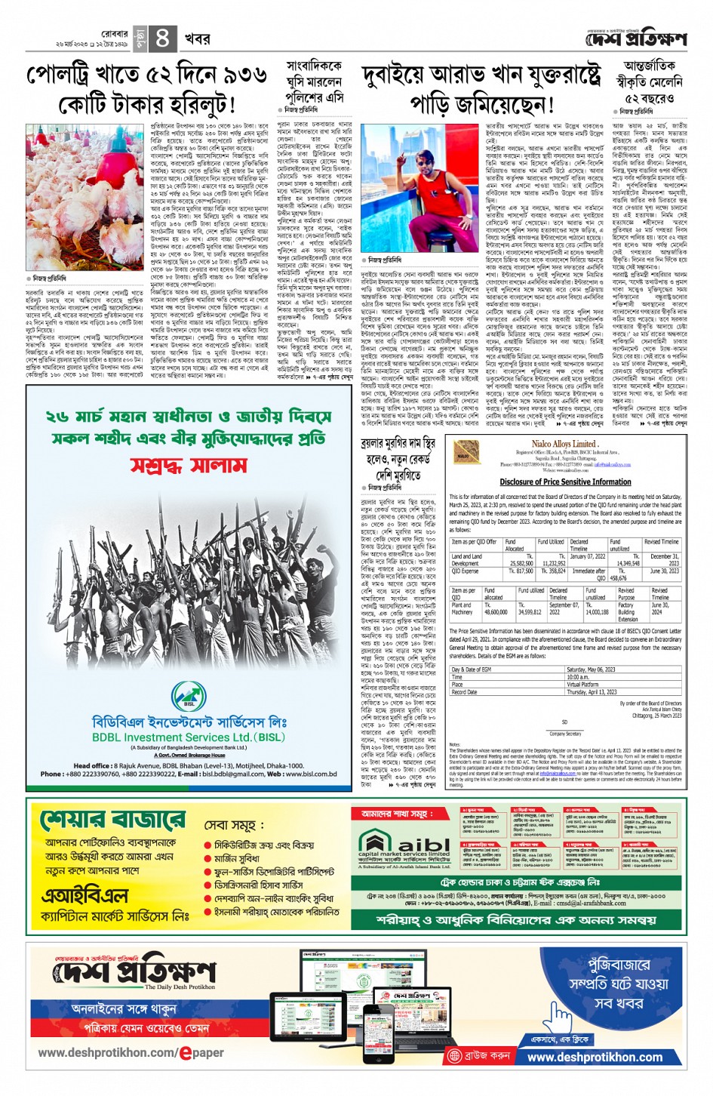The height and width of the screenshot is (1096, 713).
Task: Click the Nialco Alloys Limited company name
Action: click(564, 444)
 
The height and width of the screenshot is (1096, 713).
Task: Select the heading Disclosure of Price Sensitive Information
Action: click(565, 482)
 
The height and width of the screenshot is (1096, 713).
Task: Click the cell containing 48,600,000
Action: click(496, 613)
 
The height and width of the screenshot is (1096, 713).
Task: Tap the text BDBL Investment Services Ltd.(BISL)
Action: click(189, 737)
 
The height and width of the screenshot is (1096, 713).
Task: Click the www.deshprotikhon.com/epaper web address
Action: click(131, 1052)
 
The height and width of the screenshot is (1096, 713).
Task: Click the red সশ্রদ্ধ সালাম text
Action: click(189, 463)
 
